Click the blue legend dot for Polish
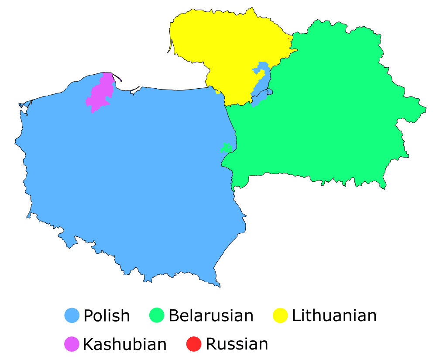point(72,315)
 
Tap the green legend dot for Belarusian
point(157,315)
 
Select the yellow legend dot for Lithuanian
point(280,315)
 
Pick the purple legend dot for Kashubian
point(72,344)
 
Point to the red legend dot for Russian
point(193,344)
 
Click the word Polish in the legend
point(106,315)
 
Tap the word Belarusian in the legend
point(211,315)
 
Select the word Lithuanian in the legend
point(334,315)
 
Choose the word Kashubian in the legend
point(125,344)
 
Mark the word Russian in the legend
point(237,344)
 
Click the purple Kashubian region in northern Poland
point(100,94)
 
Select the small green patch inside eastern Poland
point(226,147)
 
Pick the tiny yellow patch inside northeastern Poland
point(218,92)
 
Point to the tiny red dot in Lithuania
point(288,39)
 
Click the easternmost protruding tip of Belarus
point(424,108)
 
